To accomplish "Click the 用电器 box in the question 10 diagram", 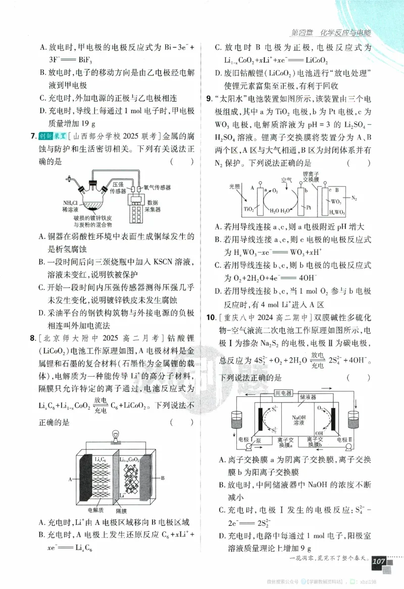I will click(x=284, y=393).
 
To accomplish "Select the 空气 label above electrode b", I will click(x=287, y=179).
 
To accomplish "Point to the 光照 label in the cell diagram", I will click(x=234, y=186).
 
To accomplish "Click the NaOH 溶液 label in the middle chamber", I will click(x=298, y=420).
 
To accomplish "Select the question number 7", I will click(x=33, y=136).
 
